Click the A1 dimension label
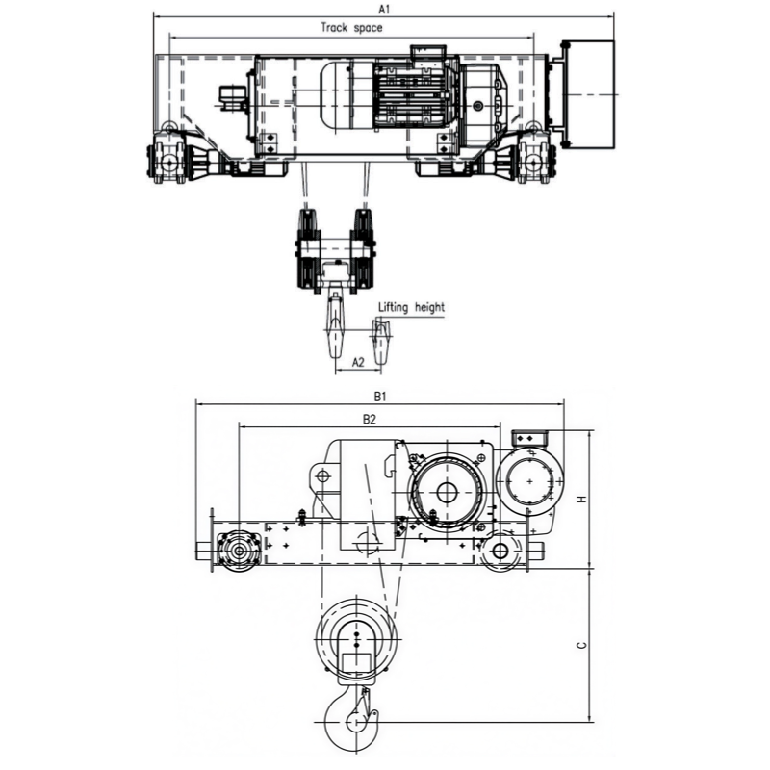coord(384,9)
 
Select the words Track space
coord(351,28)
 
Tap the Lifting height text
coord(411,308)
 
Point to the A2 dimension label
coord(358,363)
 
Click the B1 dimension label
coord(380,397)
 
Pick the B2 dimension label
coord(370,419)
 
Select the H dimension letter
coord(582,500)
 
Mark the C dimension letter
coord(582,645)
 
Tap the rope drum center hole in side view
coord(447,492)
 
